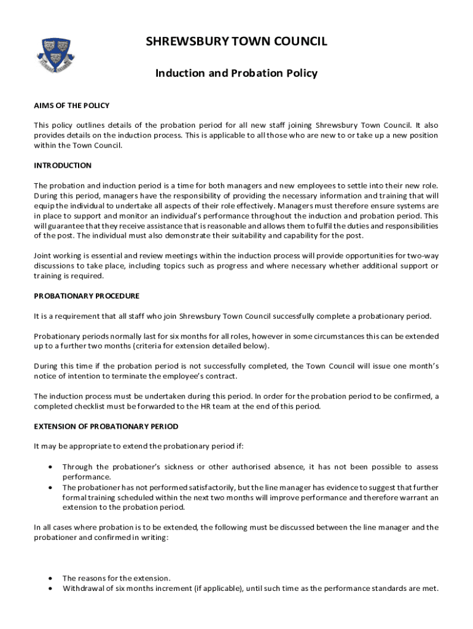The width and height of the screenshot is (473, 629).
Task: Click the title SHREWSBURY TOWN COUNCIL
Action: tap(237, 42)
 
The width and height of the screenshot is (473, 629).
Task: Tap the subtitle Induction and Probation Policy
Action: tap(237, 74)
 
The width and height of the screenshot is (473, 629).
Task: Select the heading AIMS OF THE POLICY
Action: tap(71, 106)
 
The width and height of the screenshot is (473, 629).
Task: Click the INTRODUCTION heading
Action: tap(63, 165)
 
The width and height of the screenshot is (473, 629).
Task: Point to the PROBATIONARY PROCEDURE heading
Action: tap(87, 296)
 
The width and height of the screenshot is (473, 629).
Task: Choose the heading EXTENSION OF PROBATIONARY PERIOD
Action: tap(106, 426)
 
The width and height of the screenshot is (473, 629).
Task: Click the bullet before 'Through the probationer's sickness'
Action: tap(50, 467)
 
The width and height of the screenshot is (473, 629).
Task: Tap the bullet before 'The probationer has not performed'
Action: tap(50, 487)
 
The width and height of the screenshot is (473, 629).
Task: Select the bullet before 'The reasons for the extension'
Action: tap(50, 578)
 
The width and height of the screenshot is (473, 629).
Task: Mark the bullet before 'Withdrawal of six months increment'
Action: tap(50, 588)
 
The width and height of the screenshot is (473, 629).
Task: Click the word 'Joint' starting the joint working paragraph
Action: tap(43, 256)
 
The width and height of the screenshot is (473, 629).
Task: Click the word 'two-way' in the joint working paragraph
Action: tap(424, 256)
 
